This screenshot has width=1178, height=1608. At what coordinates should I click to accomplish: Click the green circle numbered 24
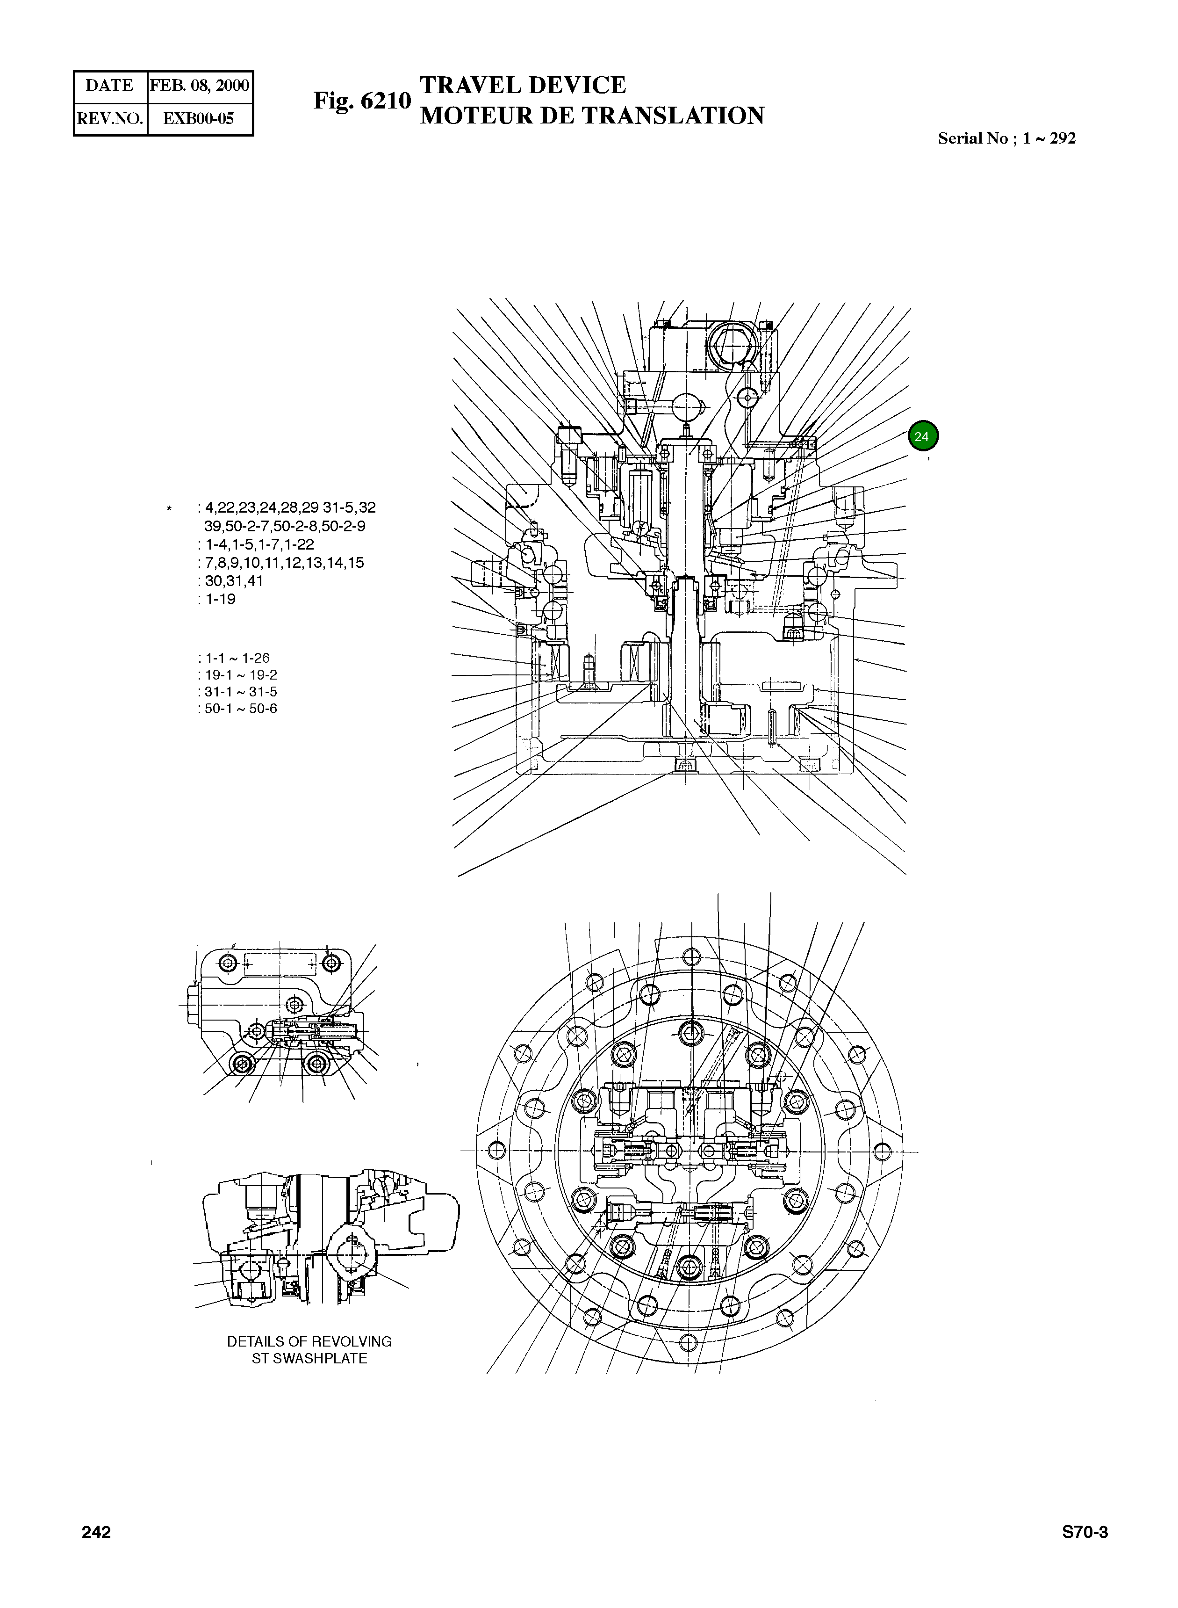[x=923, y=436]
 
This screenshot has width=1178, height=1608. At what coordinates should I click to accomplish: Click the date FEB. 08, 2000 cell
[x=200, y=86]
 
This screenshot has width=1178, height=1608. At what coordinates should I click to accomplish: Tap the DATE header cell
[x=110, y=86]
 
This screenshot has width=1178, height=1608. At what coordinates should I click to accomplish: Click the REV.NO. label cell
[x=110, y=118]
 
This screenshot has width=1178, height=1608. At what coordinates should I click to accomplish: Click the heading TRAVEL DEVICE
[x=522, y=85]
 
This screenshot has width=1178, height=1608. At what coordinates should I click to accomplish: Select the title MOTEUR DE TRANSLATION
[x=592, y=116]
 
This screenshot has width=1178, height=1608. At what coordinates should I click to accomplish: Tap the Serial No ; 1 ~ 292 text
[x=1006, y=138]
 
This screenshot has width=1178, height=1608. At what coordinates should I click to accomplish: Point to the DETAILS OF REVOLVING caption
[x=309, y=1341]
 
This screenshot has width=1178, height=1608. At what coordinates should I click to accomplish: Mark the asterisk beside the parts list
[x=169, y=509]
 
